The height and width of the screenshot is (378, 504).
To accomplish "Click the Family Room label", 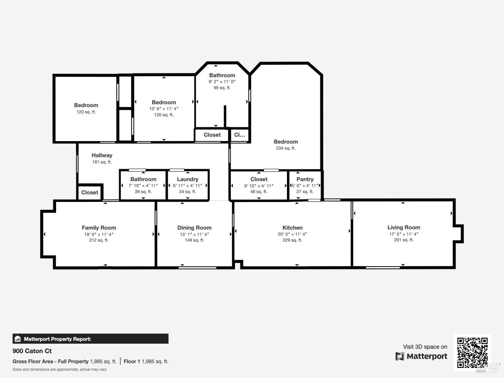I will tap(99, 228).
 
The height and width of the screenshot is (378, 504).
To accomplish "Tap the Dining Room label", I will tap(194, 228).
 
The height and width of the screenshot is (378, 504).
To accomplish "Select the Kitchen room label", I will tap(292, 228).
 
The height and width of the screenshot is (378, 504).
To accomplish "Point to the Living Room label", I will tap(404, 227).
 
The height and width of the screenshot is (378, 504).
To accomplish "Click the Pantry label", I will tap(305, 179).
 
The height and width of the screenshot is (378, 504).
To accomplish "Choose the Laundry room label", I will tap(187, 179).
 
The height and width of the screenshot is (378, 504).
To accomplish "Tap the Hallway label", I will tap(102, 155).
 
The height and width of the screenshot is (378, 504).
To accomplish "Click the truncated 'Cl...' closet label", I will tap(240, 135).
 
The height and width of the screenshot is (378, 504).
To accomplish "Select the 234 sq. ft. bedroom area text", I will tap(286, 148).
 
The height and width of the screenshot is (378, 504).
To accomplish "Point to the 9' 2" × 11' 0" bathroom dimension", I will tap(222, 82).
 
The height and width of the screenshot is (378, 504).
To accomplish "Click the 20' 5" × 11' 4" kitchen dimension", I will tap(292, 234).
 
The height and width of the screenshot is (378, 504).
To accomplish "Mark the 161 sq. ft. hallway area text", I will tap(102, 162).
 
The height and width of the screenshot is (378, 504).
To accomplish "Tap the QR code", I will tap(472, 352).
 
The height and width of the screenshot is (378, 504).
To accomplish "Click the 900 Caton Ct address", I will tap(32, 351).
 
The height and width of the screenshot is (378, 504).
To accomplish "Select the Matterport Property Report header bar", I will tap(90, 339).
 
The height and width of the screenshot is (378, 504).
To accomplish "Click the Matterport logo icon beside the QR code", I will tap(400, 356).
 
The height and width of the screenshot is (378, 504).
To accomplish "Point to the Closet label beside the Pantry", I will tap(259, 179).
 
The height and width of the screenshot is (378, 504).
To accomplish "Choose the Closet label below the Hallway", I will tap(90, 193).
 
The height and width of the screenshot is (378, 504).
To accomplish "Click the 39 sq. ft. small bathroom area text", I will tap(143, 192).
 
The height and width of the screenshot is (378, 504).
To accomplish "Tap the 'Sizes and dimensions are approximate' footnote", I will tap(59, 369).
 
